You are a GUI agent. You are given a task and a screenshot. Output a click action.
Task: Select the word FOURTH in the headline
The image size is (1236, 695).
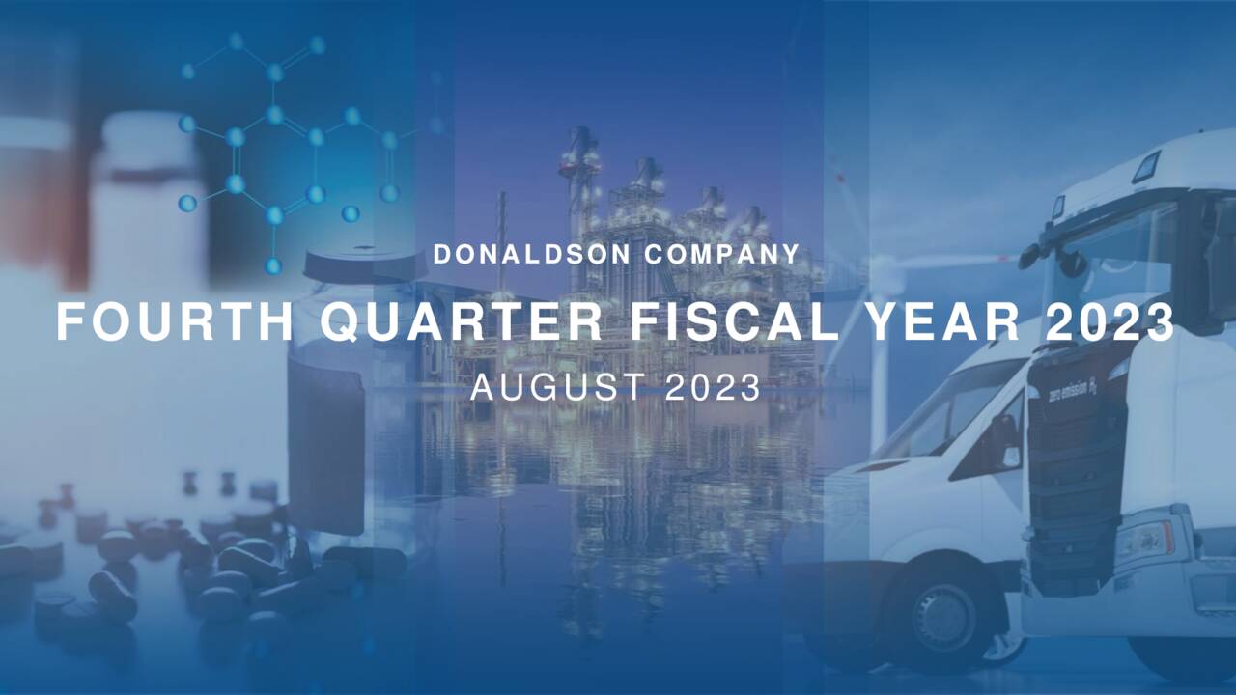[175, 322]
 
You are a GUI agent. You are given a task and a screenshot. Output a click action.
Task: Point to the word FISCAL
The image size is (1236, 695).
[735, 322]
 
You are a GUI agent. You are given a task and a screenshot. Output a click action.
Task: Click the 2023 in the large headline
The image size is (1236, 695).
[1110, 322]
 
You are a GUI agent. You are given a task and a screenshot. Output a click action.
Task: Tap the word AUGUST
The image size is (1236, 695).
[554, 388]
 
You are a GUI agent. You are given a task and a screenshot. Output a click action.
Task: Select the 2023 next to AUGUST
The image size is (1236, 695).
[714, 388]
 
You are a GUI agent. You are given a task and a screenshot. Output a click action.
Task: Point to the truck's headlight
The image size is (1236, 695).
[1145, 542]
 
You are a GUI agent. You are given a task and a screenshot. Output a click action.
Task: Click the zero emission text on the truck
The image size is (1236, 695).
[1072, 389]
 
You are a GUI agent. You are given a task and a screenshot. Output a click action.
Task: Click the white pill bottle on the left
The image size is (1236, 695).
[145, 203]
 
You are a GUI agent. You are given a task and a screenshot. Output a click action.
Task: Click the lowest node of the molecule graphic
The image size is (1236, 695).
[273, 264]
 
